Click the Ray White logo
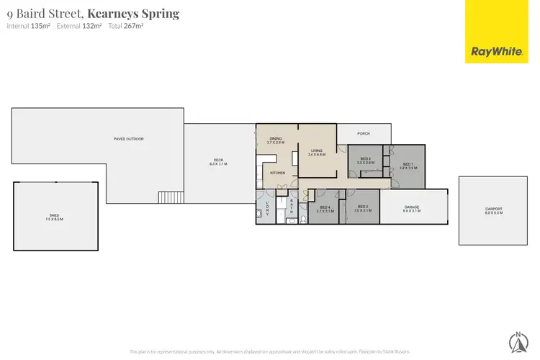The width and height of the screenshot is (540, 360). coord(496,50)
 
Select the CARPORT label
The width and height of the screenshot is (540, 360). coord(494,210)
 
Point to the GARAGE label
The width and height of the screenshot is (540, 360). coord(411,207)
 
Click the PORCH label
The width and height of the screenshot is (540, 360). coord(364,133)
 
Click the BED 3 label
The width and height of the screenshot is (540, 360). coord(364,208)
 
